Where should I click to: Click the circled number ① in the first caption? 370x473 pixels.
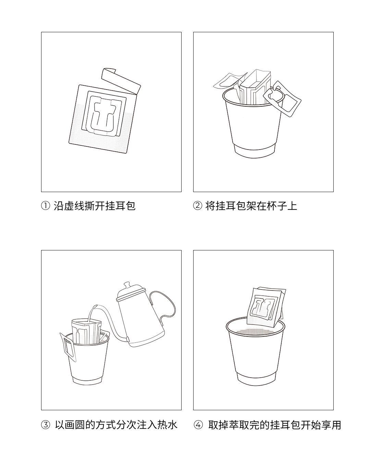pos(46,206)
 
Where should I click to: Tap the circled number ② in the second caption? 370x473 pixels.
pos(198,206)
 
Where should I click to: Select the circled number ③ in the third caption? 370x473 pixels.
pos(46,425)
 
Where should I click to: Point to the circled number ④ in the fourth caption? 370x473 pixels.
pos(198,425)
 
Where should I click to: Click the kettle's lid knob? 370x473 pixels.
pos(127,285)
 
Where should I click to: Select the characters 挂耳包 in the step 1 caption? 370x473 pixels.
pos(121,206)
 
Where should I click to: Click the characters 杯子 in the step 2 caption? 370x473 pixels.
pos(277,206)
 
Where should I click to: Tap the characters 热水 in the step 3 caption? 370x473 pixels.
pos(167,425)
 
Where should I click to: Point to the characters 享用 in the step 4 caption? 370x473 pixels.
pos(331,425)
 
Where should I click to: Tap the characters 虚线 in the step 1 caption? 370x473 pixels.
pos(69,206)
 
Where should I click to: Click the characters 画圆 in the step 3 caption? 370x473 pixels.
pos(75,425)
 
